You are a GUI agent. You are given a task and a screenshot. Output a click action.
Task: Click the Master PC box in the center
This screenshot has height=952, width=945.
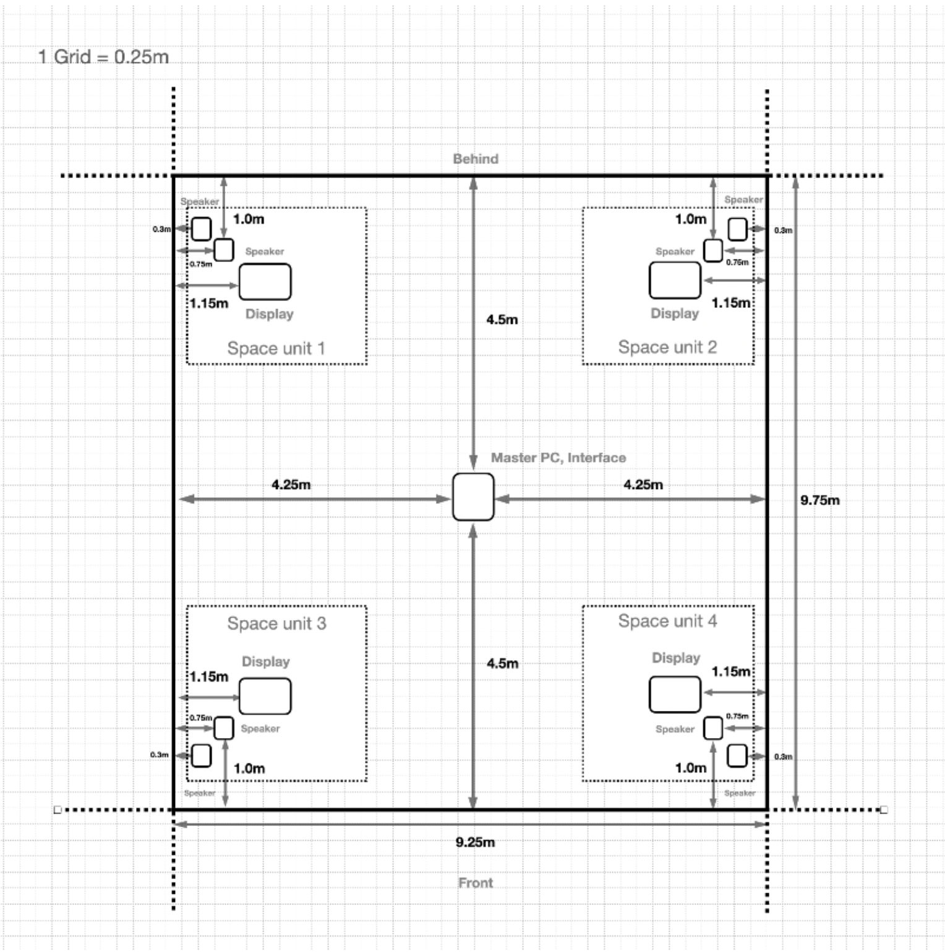(x=473, y=497)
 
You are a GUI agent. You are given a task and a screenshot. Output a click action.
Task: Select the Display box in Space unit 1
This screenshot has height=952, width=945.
(x=265, y=282)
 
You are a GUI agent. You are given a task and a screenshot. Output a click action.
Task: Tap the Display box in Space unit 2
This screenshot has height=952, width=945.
(x=675, y=280)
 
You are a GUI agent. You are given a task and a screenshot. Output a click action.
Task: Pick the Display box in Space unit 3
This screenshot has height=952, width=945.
(x=265, y=696)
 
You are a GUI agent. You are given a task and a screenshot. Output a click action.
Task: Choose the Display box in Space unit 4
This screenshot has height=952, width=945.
(x=675, y=694)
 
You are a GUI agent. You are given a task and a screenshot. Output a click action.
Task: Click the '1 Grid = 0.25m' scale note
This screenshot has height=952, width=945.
(x=103, y=57)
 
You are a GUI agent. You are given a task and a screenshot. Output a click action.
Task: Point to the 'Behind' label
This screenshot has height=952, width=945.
(x=476, y=159)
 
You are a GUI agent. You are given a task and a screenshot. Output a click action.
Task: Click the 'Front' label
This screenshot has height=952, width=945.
(x=476, y=883)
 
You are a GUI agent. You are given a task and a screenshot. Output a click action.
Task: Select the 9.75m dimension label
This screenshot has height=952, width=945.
(x=820, y=500)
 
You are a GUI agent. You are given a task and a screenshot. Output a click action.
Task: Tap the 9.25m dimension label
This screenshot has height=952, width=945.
(x=475, y=842)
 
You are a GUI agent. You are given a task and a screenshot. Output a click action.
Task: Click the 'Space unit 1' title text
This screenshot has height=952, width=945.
(x=276, y=348)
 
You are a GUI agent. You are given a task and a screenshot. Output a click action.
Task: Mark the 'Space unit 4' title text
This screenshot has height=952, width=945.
(x=667, y=621)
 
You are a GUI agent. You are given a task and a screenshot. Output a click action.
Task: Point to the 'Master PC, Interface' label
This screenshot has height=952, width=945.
(x=558, y=458)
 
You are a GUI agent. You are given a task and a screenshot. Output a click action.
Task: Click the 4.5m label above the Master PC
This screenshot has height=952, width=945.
(x=502, y=320)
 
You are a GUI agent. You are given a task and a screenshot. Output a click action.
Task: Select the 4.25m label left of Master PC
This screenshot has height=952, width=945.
(x=291, y=485)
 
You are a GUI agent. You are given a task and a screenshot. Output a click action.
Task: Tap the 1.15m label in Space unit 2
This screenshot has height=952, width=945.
(x=730, y=303)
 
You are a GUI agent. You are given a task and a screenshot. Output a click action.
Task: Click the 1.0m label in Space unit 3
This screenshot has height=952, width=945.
(x=249, y=768)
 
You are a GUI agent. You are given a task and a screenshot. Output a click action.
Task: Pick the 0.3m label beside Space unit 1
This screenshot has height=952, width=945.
(x=161, y=229)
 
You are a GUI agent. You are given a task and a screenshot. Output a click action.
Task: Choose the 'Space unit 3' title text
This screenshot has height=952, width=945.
(x=276, y=623)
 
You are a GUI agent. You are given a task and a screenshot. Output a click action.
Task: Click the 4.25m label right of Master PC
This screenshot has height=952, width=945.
(x=643, y=485)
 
